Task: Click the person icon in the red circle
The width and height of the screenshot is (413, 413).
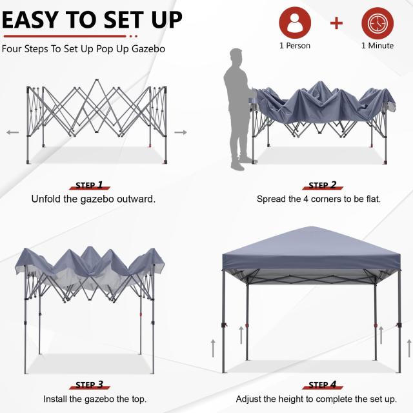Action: point(295,23)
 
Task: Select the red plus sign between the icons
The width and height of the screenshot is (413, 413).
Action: point(336,24)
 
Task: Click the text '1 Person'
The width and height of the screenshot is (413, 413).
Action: point(295,46)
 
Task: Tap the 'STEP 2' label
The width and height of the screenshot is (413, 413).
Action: point(323,185)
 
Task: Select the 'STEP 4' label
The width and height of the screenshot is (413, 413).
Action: point(323,385)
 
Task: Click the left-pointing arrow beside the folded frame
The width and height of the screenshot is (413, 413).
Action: point(12,132)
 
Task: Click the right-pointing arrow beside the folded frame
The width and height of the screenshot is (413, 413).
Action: point(181,132)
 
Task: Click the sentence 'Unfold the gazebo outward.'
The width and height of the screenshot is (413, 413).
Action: point(94,199)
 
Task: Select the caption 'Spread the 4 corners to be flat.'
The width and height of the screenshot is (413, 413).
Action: point(319,199)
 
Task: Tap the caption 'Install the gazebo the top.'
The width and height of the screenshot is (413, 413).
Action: point(95,399)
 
